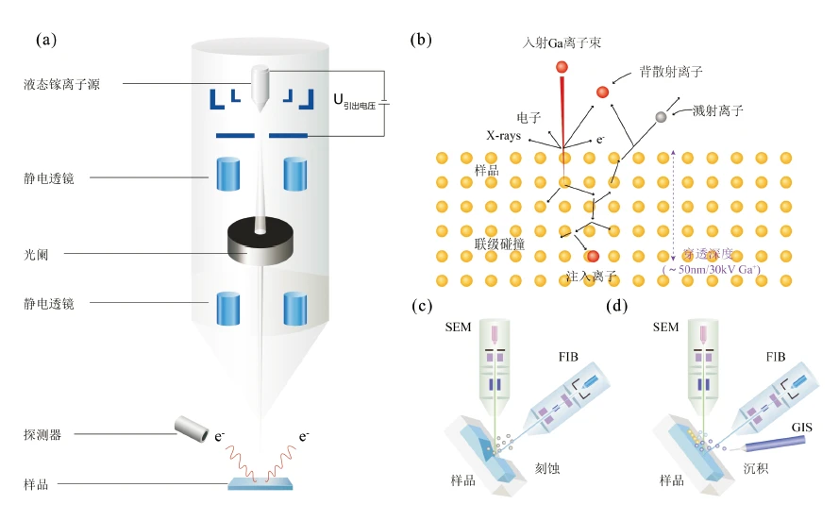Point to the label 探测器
(x=43, y=435)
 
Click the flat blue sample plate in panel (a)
(x=260, y=484)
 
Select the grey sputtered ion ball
(x=662, y=116)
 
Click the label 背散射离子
(x=670, y=72)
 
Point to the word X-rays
(x=505, y=136)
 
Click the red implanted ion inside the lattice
(x=593, y=256)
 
